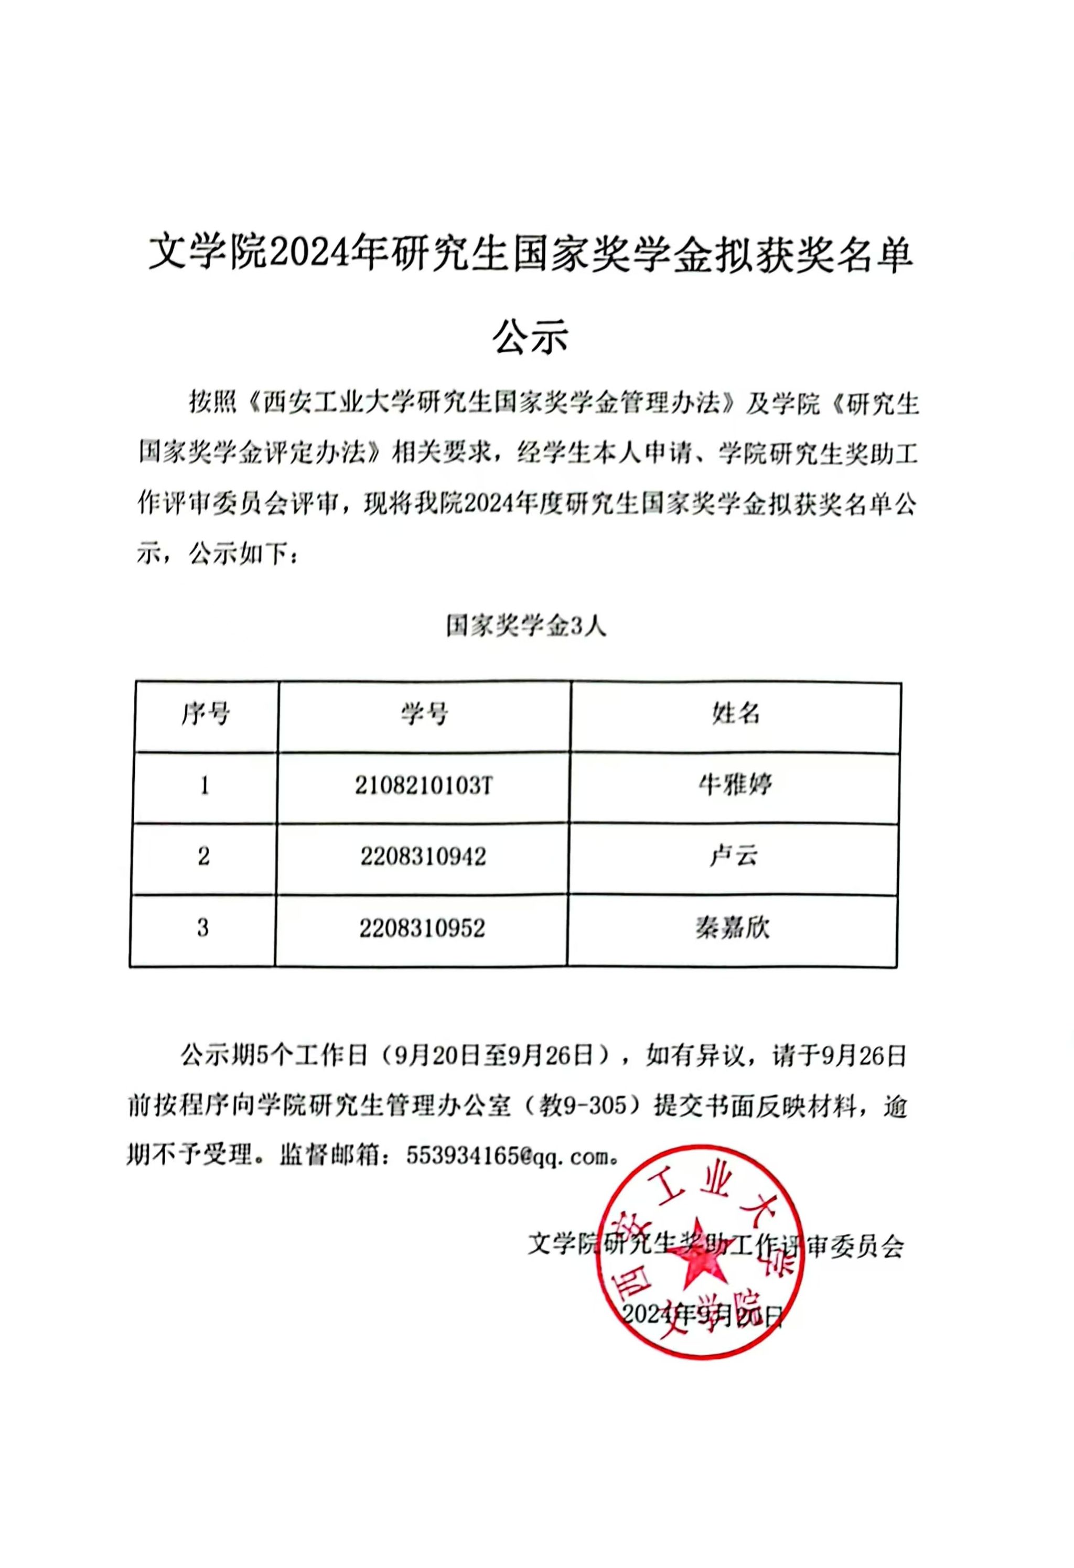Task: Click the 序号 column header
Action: (x=205, y=714)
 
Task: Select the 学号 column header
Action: (x=424, y=714)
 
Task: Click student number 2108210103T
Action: (x=424, y=785)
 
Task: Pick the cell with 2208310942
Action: (x=423, y=857)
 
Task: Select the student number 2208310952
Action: (x=422, y=928)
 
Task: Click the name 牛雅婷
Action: (x=735, y=785)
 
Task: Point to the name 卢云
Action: (x=734, y=856)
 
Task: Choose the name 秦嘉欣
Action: (x=733, y=928)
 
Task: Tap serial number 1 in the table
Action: (x=205, y=786)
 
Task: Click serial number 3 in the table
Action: (x=203, y=928)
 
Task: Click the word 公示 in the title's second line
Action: (x=531, y=336)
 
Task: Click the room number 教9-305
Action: (x=588, y=1107)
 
